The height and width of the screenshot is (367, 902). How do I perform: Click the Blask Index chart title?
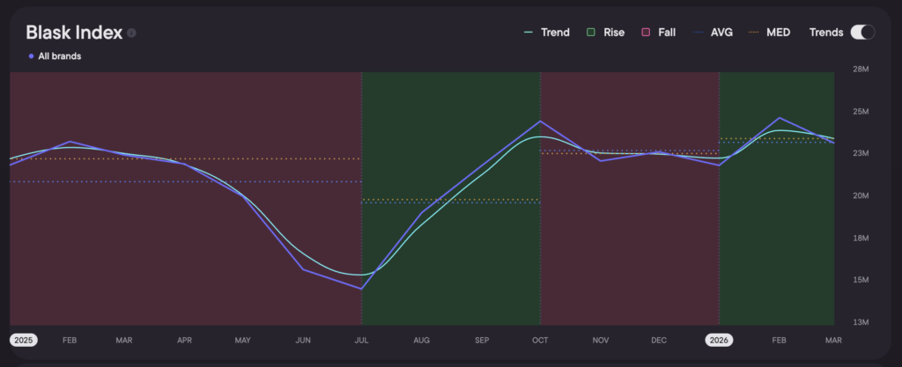73,33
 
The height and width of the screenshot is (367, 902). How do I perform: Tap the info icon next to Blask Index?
131,33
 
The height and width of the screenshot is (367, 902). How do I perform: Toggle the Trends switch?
861,33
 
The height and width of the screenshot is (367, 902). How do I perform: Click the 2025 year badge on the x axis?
23,339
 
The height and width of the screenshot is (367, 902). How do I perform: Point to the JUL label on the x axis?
362,339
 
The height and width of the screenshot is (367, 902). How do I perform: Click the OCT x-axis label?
540,339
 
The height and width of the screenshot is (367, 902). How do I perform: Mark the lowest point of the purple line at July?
361,289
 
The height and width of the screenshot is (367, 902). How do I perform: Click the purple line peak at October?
540,121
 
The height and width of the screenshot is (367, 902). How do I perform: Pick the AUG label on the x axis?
422,339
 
